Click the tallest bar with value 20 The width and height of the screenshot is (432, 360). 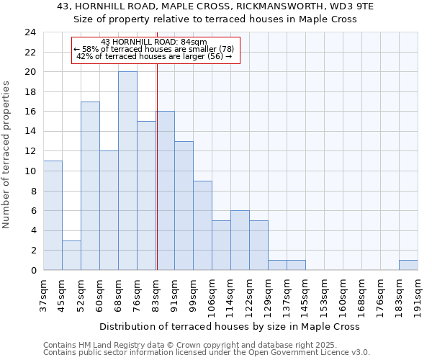[x=127, y=171]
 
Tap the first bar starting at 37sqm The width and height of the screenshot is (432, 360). [x=53, y=215]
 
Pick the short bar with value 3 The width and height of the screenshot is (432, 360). [x=71, y=255]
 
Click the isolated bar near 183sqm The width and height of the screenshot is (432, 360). [x=408, y=265]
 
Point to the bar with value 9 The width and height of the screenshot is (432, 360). [x=202, y=225]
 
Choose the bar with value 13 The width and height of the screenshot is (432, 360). [x=184, y=205]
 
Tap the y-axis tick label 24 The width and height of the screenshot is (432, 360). [x=30, y=32]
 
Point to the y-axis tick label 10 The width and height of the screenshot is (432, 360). [x=30, y=171]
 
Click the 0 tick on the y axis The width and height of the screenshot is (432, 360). [x=33, y=271]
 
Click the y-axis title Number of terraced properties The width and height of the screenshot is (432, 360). [x=7, y=154]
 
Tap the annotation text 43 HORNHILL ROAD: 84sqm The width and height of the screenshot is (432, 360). [x=154, y=42]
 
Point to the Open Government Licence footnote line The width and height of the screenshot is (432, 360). [x=206, y=353]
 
